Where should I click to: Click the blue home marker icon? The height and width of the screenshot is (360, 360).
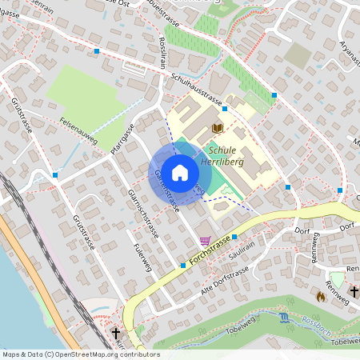coord(180,171)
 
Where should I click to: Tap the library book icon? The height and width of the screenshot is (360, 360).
coord(217,128)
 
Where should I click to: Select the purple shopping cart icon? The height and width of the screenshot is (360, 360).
coord(206,240)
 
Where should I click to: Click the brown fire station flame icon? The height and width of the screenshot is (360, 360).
coord(321,296)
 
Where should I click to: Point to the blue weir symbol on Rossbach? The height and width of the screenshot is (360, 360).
coord(286,318)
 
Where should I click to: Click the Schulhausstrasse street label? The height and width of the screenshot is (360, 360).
coord(196,89)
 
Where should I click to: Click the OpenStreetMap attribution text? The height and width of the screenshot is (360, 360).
coord(80,354)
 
